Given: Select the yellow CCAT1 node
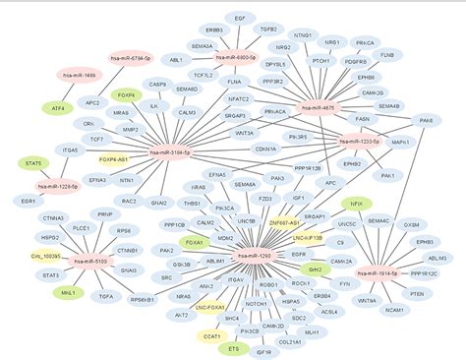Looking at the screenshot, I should (213, 336).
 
